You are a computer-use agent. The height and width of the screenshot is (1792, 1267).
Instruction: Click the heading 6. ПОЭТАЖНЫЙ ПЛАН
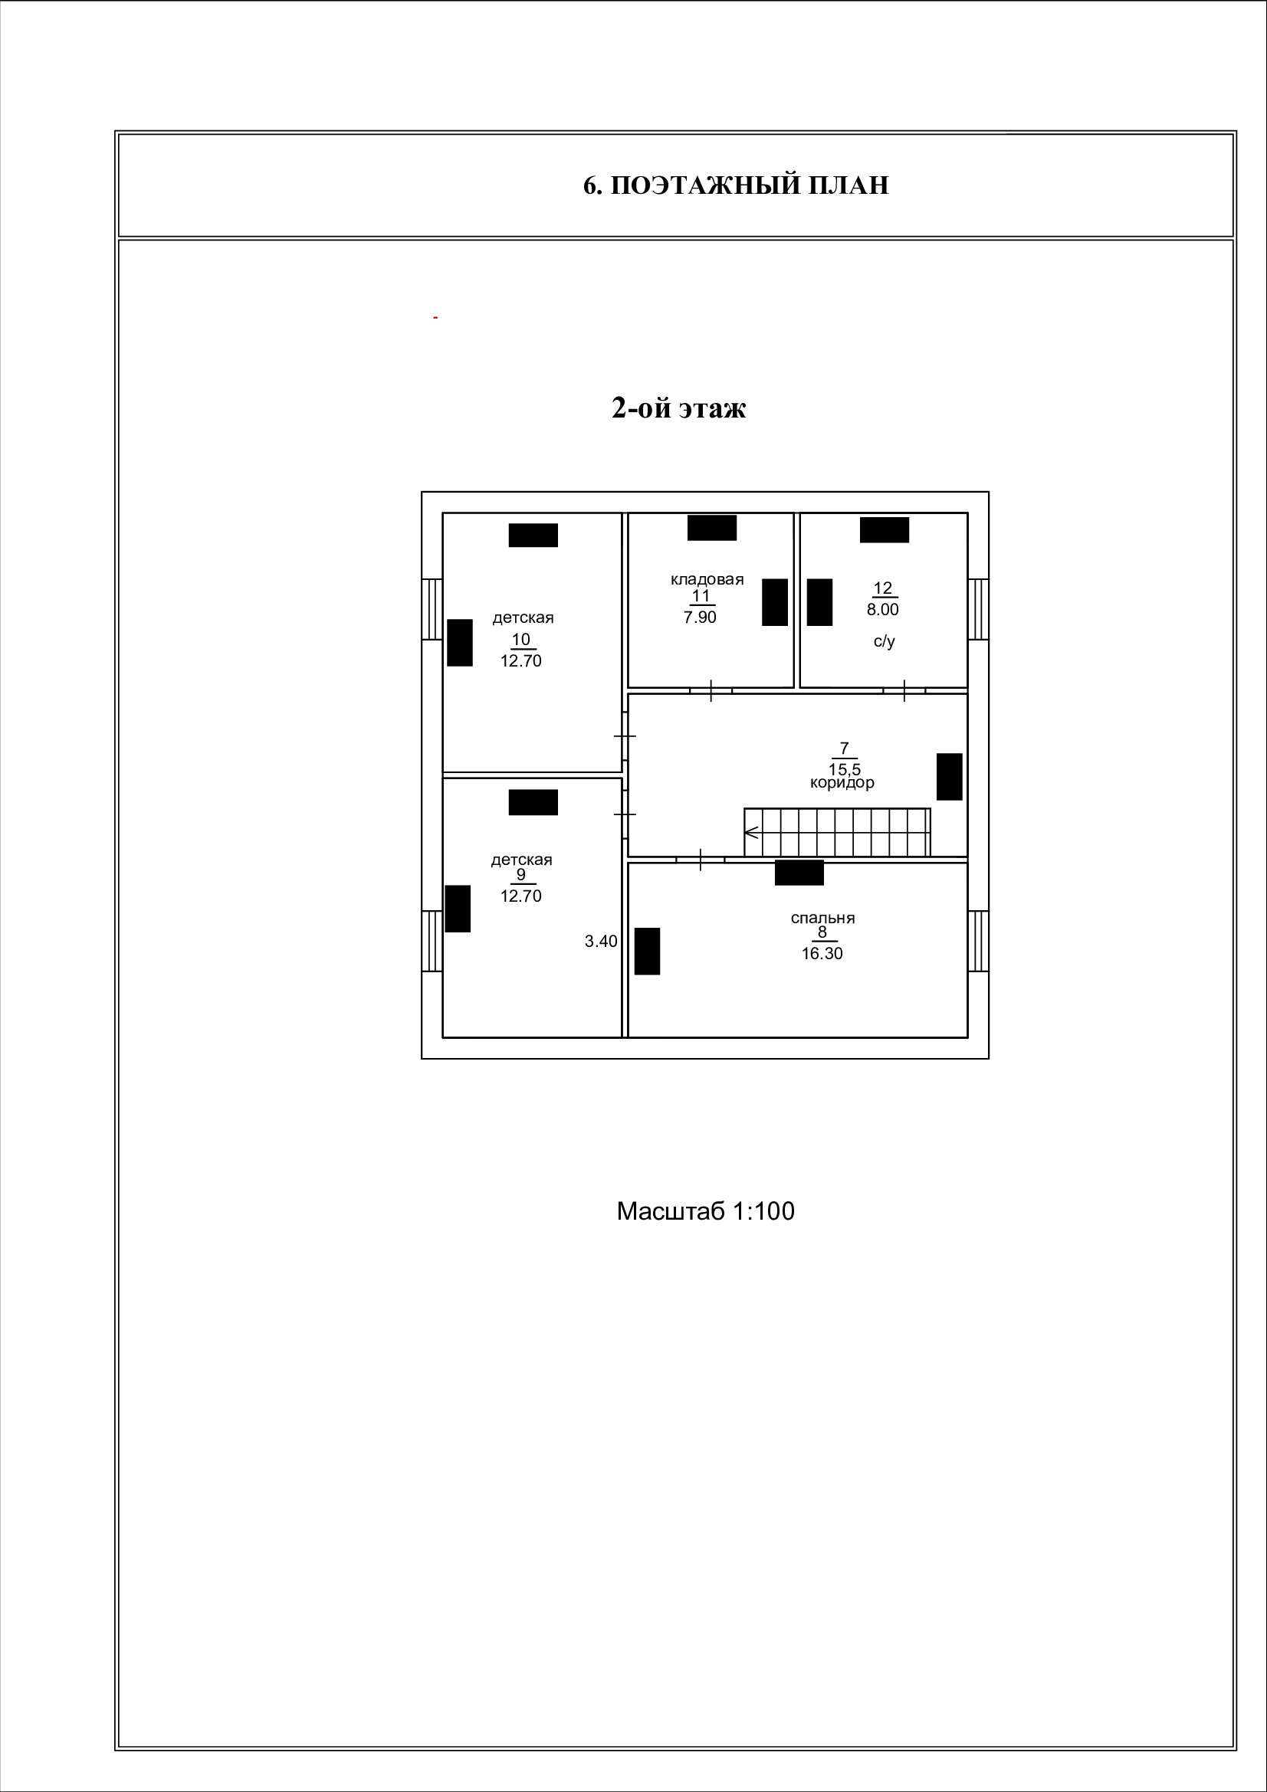coord(735,185)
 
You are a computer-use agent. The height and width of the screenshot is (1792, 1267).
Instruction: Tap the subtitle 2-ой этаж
coord(678,408)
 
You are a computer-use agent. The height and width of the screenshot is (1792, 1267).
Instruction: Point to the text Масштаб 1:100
coord(705,1211)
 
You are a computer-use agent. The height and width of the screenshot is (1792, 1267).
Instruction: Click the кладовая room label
coord(707,579)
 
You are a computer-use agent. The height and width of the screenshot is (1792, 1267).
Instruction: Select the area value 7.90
coord(700,618)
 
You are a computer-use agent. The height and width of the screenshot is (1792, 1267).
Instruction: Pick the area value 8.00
coord(882,610)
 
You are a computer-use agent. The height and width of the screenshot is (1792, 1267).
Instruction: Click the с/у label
coord(884,641)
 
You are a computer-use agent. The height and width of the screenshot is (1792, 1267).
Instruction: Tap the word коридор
coord(842,782)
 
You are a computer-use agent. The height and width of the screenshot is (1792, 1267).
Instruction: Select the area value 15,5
coord(844,768)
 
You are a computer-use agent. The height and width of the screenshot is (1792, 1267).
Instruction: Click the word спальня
coord(822,918)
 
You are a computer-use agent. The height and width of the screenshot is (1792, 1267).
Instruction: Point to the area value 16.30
coord(821,953)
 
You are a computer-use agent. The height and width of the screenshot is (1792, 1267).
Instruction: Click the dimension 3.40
coord(600,942)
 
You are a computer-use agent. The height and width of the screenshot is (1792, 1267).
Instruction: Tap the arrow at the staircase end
coord(751,833)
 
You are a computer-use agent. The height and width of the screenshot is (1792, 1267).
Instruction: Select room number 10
coord(520,640)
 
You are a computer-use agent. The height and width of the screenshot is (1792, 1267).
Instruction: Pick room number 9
coord(520,875)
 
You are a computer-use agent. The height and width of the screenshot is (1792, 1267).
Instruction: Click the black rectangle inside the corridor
coord(948,777)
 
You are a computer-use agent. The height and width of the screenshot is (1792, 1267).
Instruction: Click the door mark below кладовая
coord(711,691)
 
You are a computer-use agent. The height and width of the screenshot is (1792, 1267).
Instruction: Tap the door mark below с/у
coord(904,691)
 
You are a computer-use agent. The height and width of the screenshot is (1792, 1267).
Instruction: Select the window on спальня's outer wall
coord(978,941)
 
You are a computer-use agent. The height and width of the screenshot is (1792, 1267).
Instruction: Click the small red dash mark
coord(435,318)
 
